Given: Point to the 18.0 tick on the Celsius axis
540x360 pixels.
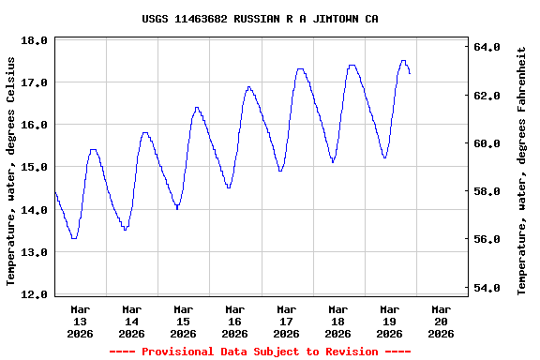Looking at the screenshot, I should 36,40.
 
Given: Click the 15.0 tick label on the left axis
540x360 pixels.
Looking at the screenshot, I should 36,168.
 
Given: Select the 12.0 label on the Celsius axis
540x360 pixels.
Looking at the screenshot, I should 36,294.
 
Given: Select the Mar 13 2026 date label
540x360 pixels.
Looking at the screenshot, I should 81,321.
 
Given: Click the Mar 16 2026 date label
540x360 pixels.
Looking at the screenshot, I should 234,321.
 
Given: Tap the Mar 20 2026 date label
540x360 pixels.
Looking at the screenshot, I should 441,321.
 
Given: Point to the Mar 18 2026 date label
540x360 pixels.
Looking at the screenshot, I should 337,321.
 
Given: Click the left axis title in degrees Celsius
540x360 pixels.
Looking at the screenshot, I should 11,171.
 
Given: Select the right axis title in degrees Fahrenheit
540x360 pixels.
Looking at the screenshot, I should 522,171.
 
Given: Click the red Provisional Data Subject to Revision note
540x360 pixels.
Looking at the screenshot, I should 260,352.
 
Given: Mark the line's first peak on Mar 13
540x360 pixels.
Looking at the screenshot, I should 93,149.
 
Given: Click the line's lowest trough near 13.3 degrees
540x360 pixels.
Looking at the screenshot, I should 74,238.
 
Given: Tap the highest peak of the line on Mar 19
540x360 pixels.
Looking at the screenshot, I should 403,61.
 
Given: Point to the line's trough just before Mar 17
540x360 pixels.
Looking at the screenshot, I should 280,171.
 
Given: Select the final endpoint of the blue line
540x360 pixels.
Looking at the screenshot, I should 410,73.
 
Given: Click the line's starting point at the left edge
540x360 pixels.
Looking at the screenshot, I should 55,192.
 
